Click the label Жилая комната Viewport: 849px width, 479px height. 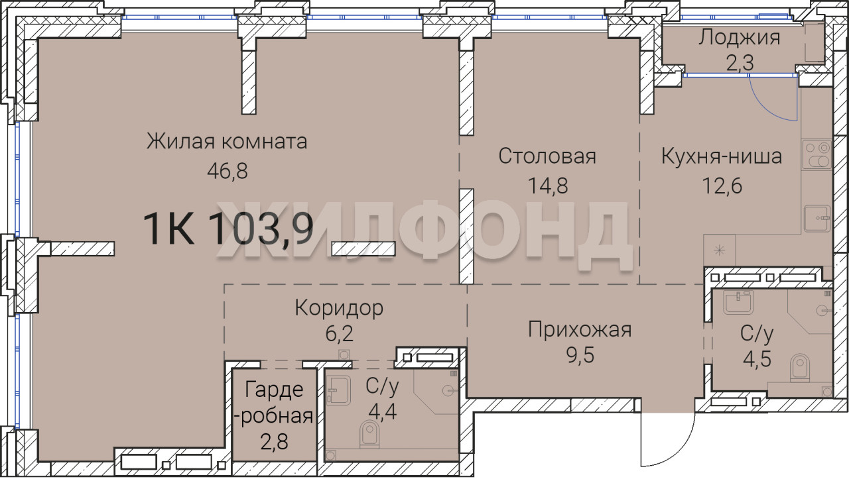click(227, 142)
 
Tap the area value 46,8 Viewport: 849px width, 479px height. click(228, 171)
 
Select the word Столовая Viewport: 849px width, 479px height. click(547, 156)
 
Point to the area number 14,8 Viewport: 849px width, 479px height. click(548, 186)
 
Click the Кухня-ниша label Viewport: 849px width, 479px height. click(722, 156)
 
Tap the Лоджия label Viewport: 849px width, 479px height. click(740, 38)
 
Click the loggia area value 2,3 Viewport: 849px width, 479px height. click(740, 63)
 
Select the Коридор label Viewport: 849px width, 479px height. click(339, 308)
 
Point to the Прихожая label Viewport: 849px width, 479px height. click(580, 329)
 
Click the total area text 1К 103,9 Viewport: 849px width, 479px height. click(228, 229)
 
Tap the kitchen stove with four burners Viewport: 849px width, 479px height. click(816, 154)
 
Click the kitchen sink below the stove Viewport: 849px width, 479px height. click(817, 219)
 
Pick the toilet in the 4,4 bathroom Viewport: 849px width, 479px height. click(369, 434)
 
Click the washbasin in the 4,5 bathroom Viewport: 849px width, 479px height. click(738, 302)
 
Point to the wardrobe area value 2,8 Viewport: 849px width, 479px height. click(274, 441)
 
